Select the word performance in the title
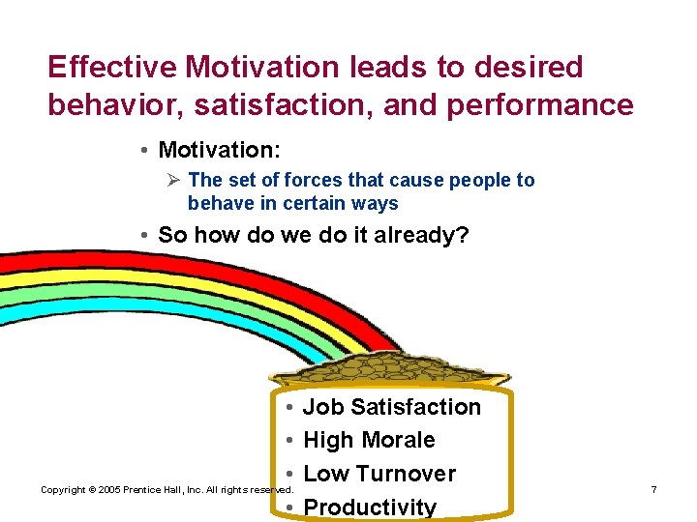[542, 104]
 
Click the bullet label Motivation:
[218, 150]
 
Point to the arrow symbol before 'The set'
[174, 180]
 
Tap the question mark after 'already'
[462, 235]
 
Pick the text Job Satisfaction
[391, 407]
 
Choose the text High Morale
[369, 440]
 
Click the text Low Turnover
[379, 474]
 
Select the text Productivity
[370, 507]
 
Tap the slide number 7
[653, 490]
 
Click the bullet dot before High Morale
[290, 441]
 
